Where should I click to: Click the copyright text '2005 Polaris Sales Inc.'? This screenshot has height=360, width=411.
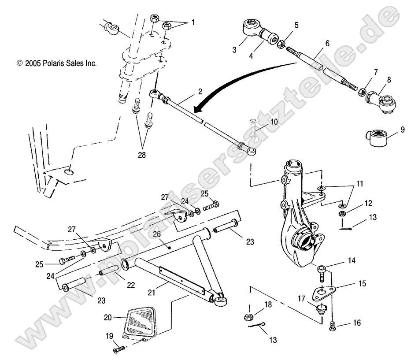click(x=56, y=63)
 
